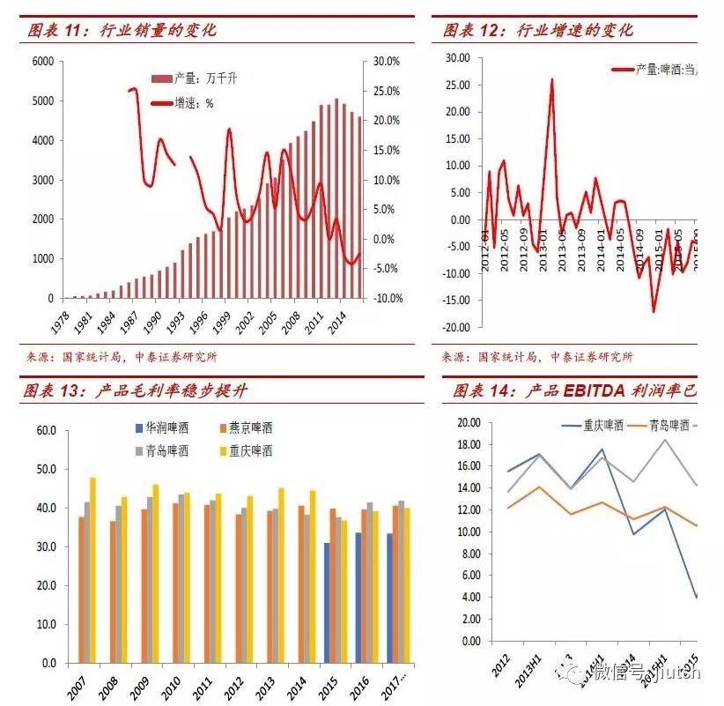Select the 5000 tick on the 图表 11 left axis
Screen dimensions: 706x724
(42, 100)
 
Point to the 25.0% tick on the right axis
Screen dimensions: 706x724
(386, 91)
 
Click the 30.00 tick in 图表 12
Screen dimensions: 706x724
(457, 57)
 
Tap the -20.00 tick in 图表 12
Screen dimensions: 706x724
(455, 327)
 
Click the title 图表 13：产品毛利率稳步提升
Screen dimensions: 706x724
(137, 391)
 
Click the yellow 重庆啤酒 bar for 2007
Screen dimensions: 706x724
(92, 569)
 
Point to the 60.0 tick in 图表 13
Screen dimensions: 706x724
(46, 430)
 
